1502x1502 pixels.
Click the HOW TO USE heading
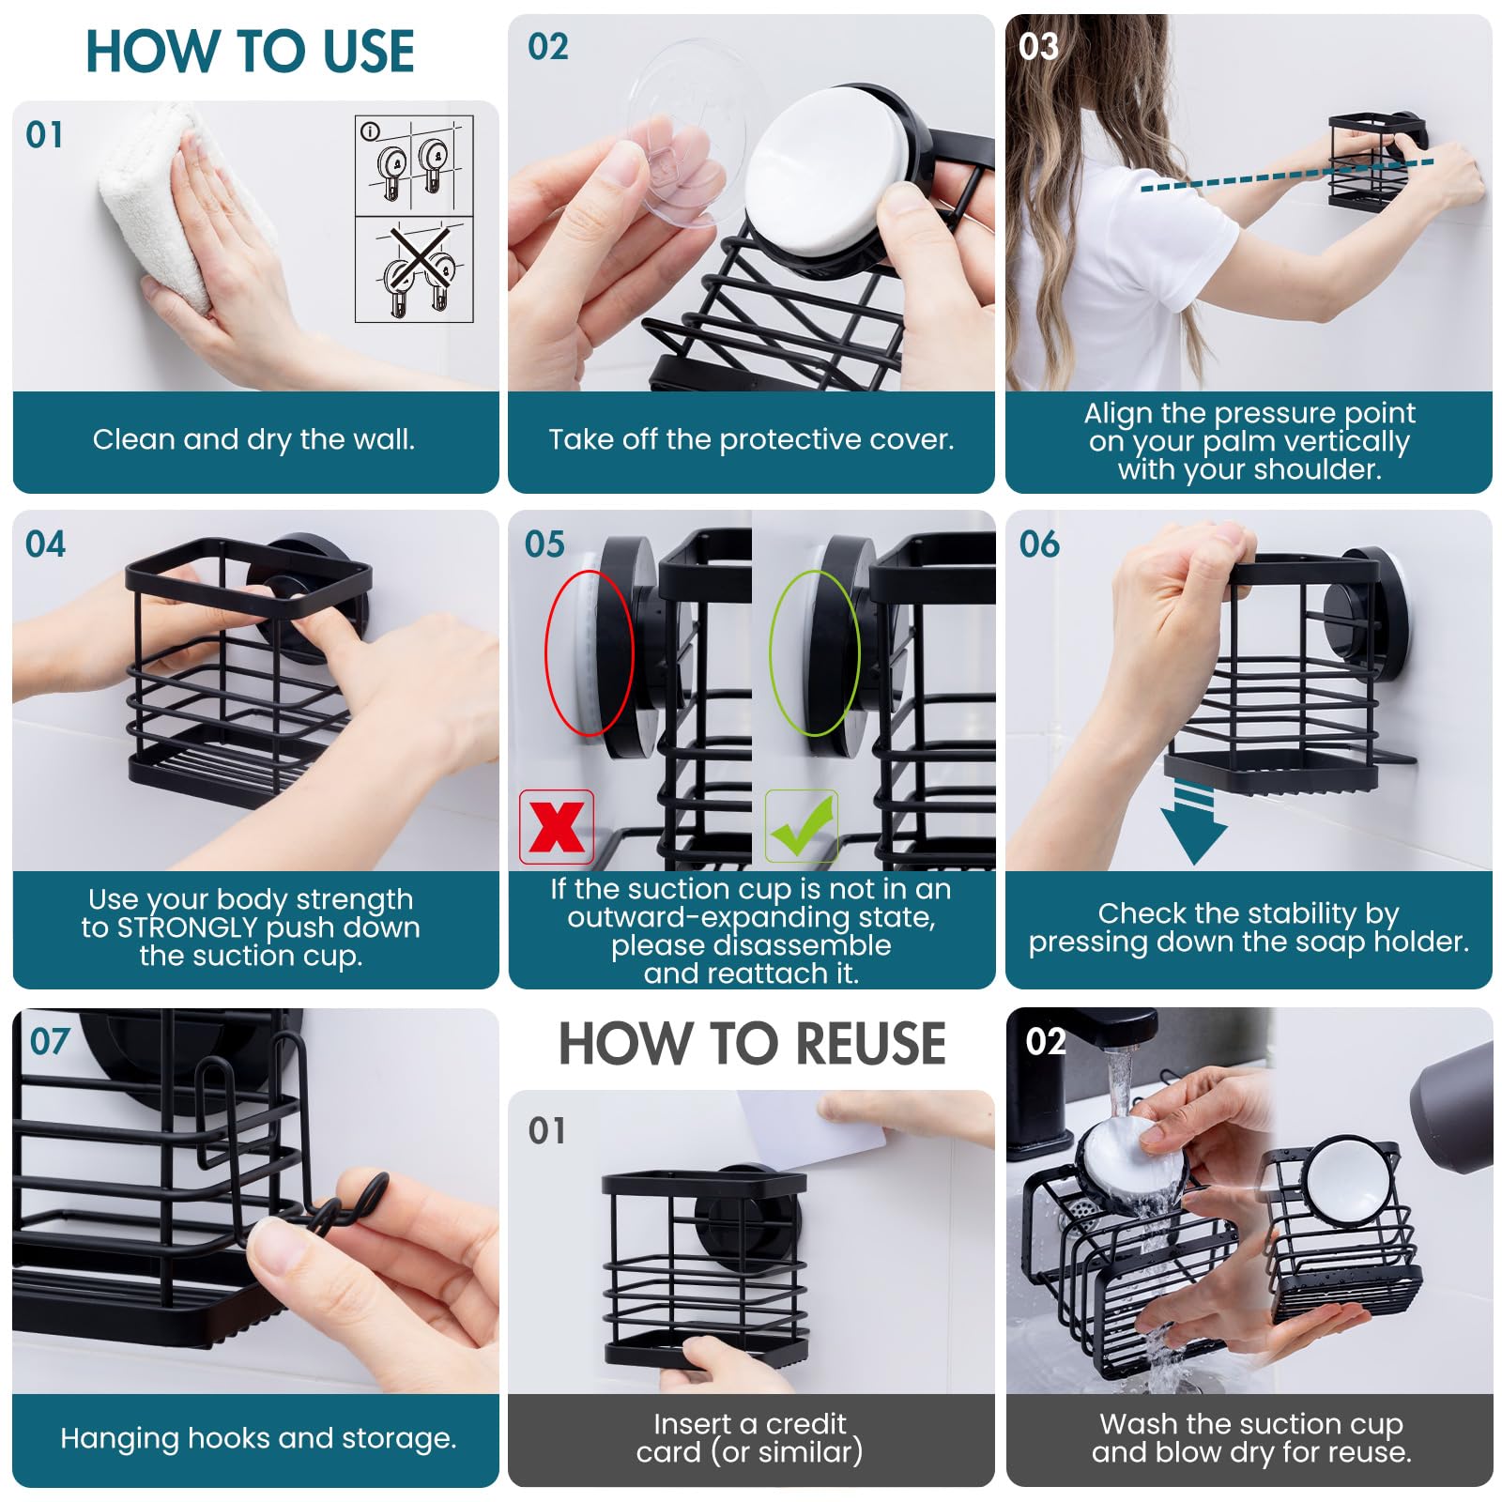pyautogui.click(x=250, y=52)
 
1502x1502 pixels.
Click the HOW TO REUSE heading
pyautogui.click(x=751, y=1044)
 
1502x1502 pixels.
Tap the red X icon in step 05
pyautogui.click(x=557, y=827)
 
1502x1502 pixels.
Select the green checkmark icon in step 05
pyautogui.click(x=801, y=827)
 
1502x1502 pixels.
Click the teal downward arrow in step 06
pyautogui.click(x=1193, y=826)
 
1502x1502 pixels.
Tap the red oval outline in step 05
pyautogui.click(x=589, y=651)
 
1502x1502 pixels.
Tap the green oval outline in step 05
pyautogui.click(x=814, y=651)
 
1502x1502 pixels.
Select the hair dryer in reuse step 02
pyautogui.click(x=1455, y=1108)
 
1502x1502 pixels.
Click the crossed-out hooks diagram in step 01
pyautogui.click(x=415, y=270)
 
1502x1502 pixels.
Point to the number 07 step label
pyautogui.click(x=50, y=1041)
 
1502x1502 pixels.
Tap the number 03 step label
pyautogui.click(x=1038, y=46)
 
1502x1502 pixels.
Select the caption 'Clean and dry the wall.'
pyautogui.click(x=253, y=439)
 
